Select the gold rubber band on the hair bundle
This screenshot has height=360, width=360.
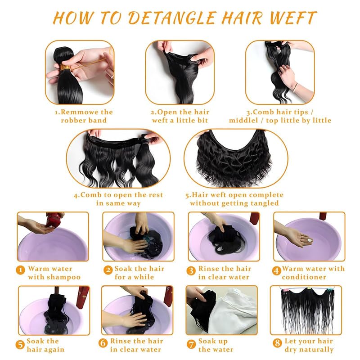coord(66,68)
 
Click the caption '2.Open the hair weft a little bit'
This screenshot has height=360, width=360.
coord(180,116)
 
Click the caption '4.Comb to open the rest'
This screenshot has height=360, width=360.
coord(118,195)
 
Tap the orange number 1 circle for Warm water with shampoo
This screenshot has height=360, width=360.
coord(20,270)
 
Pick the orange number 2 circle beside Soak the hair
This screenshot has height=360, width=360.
coord(108,270)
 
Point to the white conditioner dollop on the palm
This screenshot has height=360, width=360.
coord(309,242)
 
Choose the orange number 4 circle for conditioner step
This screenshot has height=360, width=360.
coord(276,270)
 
